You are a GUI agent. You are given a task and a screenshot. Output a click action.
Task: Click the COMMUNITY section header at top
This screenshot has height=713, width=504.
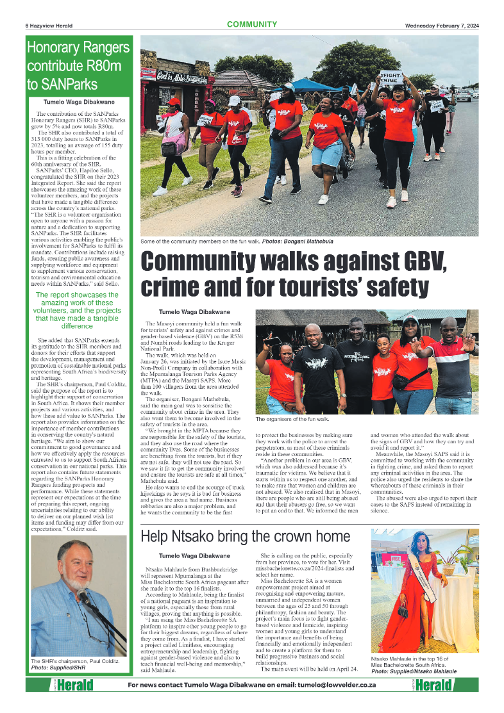251,25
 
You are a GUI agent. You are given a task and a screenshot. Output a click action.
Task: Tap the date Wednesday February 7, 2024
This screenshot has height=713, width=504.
441,26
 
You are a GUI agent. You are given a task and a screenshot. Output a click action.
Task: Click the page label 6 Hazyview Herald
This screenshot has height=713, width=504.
49,26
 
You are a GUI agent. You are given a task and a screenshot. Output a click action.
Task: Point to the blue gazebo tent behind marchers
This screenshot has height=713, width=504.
307,85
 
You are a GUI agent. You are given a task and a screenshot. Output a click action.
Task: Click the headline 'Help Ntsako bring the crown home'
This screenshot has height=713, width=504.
245,536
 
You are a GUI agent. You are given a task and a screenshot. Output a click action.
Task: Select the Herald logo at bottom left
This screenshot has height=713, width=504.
72,685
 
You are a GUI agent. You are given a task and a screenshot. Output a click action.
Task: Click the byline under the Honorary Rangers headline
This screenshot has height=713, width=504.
79,102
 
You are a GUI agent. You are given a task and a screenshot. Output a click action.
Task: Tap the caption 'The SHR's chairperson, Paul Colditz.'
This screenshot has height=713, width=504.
71,661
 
